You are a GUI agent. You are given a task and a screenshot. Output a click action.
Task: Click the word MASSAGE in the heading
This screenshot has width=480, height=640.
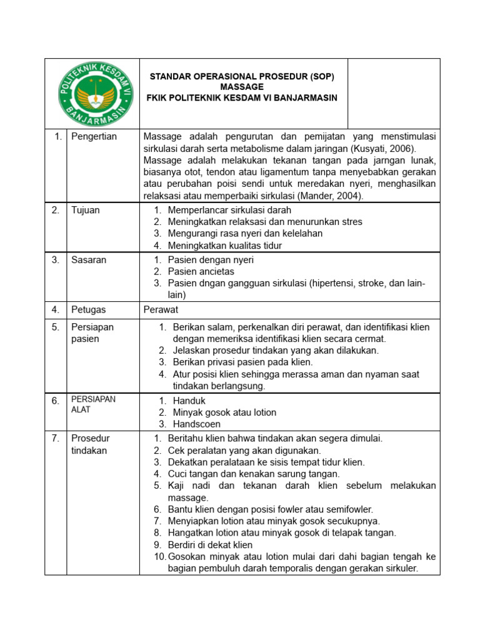click(x=242, y=87)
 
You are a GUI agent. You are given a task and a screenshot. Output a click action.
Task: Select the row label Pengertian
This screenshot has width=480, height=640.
click(x=94, y=137)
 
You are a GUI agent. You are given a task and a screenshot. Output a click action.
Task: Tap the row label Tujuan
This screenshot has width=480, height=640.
click(x=86, y=210)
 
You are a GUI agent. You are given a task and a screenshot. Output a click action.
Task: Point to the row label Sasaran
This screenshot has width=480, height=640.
click(x=89, y=259)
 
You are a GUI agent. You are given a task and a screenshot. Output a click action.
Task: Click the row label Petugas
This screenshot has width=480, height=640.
click(x=88, y=309)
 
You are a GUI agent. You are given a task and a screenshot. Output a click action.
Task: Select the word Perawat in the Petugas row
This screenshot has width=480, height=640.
click(x=161, y=309)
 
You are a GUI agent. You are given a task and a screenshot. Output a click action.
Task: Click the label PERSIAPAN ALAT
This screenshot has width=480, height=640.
click(x=93, y=404)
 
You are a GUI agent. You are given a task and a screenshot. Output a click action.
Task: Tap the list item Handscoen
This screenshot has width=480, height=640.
click(x=194, y=424)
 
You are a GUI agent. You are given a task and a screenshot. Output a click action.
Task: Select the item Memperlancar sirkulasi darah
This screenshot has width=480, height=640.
click(x=229, y=210)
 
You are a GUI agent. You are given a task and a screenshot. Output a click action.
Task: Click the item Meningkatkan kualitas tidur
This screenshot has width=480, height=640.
click(x=225, y=246)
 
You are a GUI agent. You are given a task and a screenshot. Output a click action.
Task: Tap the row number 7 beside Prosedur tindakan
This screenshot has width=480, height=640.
click(x=56, y=439)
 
